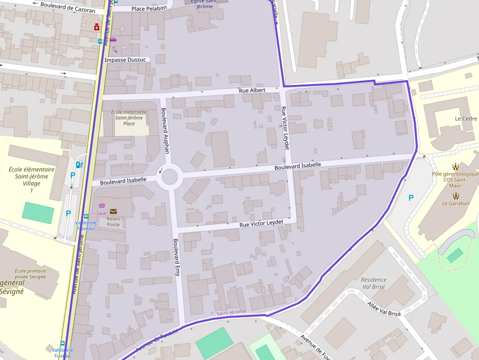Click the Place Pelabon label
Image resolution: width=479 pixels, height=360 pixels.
(149, 8)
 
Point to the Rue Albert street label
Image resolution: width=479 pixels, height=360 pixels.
(252, 91)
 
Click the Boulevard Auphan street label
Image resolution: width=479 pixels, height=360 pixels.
(165, 130)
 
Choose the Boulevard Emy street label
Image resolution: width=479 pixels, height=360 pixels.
(176, 257)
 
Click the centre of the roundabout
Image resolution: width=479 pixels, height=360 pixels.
(170, 176)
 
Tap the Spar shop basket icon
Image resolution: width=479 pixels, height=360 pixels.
(102, 206)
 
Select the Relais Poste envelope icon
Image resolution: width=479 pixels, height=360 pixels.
(113, 211)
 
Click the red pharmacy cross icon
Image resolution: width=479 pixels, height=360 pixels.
(97, 27)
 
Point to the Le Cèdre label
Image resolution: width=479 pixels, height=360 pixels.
(465, 119)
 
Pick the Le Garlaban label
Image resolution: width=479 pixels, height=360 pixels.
(455, 203)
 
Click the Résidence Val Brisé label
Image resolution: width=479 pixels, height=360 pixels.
(373, 283)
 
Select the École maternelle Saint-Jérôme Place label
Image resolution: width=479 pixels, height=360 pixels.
(129, 118)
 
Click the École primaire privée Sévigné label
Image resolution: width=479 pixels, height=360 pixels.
(30, 274)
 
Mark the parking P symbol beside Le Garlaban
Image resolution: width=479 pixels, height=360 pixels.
(411, 198)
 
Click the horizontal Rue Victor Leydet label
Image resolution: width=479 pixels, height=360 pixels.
(261, 223)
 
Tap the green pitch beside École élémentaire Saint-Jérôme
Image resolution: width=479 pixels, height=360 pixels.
(38, 213)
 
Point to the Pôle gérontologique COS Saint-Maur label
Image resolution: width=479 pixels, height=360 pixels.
(455, 180)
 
